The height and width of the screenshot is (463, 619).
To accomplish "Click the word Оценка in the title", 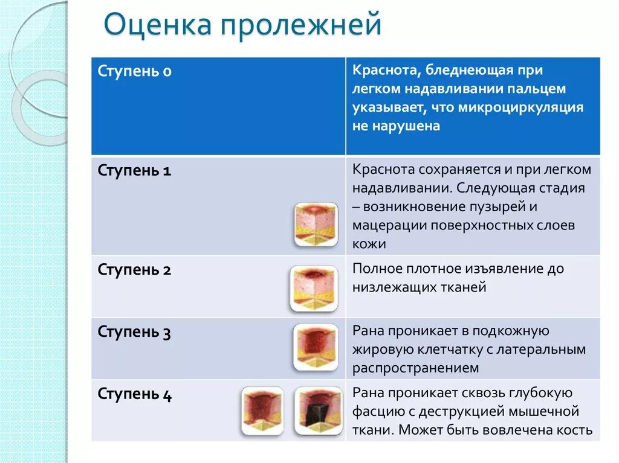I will [x=158, y=27].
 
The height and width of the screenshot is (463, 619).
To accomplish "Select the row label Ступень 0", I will [x=134, y=72].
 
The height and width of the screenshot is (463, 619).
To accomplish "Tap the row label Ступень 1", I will [x=134, y=171].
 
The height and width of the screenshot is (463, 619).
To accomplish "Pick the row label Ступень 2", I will [x=134, y=270].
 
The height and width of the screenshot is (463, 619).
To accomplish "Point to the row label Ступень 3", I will [x=134, y=333].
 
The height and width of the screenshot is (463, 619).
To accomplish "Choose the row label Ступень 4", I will [x=134, y=395].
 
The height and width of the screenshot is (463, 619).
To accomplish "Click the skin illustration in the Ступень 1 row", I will [x=316, y=225].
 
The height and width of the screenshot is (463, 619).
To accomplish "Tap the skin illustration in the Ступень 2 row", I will [x=313, y=289].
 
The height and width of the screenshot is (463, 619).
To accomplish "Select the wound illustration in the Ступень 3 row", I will [x=316, y=347].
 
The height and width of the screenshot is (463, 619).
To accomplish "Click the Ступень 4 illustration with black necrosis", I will [x=318, y=411].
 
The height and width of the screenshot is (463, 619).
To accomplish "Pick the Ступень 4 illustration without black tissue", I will [x=262, y=411].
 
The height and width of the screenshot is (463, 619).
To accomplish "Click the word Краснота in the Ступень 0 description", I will [x=386, y=71].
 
